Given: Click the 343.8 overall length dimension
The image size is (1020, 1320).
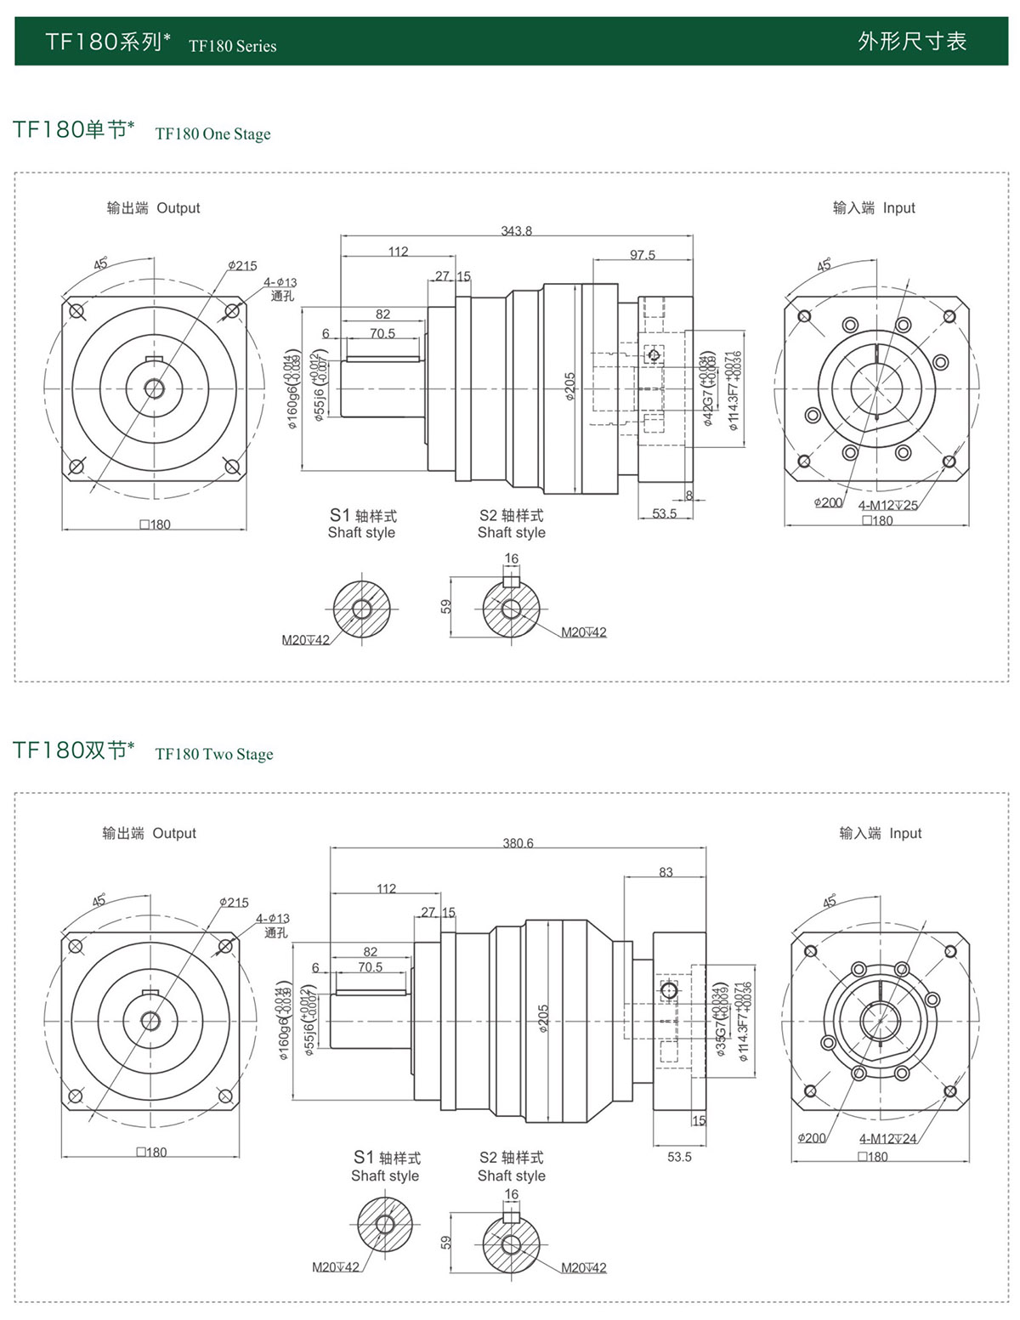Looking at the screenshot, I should [x=516, y=231].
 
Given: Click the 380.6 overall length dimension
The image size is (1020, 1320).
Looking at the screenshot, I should [x=518, y=843].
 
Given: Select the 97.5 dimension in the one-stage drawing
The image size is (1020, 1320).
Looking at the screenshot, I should [x=643, y=255].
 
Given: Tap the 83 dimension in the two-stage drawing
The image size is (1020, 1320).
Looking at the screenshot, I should [x=666, y=872].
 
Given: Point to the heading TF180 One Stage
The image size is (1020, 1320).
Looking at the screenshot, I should [x=212, y=133].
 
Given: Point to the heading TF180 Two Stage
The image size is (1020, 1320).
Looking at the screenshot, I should [x=214, y=754].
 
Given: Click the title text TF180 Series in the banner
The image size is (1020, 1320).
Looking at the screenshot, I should [x=232, y=46].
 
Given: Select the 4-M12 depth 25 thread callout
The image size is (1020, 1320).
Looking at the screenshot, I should [x=887, y=505].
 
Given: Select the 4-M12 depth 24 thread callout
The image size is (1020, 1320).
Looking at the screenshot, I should [x=887, y=1139].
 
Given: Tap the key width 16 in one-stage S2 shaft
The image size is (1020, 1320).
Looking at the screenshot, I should [x=511, y=558].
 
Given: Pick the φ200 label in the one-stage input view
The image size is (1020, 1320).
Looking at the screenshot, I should [x=827, y=502].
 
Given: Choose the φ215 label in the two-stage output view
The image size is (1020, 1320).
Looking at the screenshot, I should [x=234, y=902].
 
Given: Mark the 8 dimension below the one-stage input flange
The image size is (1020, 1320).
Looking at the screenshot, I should [x=689, y=495].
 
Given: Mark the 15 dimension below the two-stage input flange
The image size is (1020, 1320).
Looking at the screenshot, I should [x=699, y=1120].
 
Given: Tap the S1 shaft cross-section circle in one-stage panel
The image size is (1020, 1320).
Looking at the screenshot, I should [x=362, y=609].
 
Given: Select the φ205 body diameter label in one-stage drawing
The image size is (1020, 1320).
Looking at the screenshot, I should [x=569, y=386].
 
